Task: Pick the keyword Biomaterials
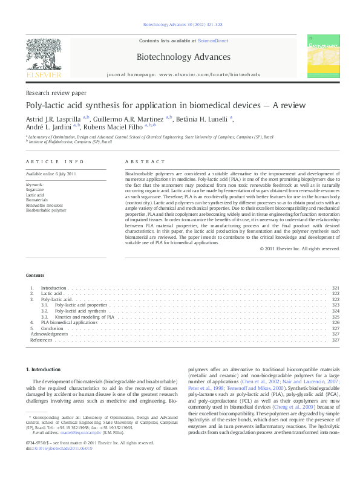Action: (x=36, y=199)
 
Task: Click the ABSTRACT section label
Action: (x=145, y=162)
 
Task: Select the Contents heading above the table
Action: (x=35, y=275)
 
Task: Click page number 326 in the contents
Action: (x=336, y=323)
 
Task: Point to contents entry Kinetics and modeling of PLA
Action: (x=85, y=317)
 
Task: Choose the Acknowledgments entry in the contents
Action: (x=49, y=334)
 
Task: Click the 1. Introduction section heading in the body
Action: (x=44, y=369)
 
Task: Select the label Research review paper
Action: (x=56, y=93)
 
